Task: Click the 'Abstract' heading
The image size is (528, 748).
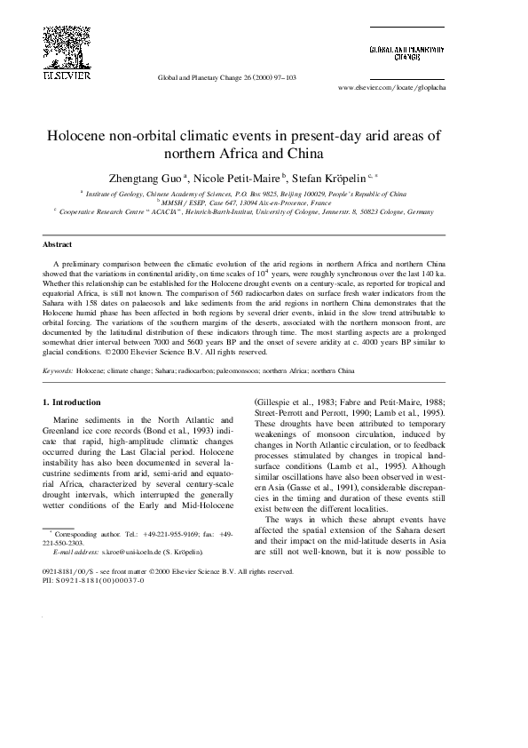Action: click(57, 243)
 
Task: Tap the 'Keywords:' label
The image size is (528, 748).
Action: click(58, 369)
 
